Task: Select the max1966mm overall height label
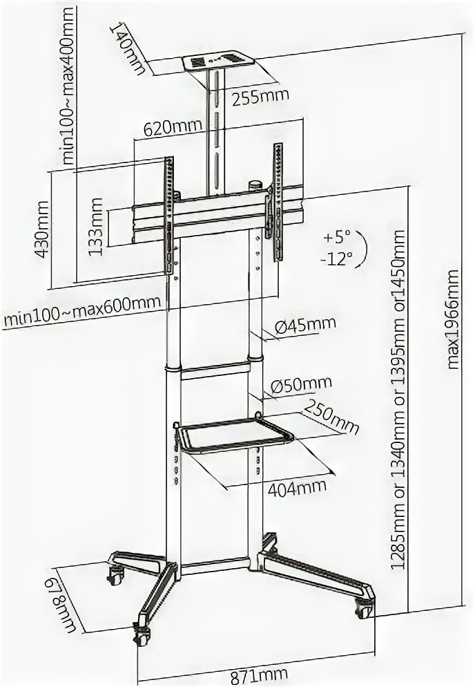[x=454, y=319]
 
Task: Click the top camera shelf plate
[x=214, y=63]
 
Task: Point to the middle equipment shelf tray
[x=235, y=435]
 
